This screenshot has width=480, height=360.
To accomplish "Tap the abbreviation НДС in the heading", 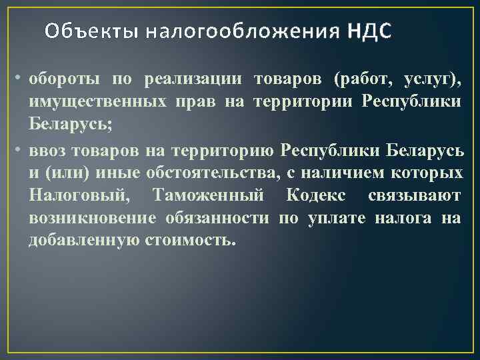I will [x=369, y=31].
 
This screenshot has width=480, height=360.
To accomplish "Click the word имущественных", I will [x=98, y=103].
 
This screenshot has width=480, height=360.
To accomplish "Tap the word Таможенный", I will [x=208, y=195].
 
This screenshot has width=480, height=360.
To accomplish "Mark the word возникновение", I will [x=93, y=218].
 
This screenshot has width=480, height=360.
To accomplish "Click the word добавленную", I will [x=83, y=240].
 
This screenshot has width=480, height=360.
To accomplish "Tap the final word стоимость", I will [x=189, y=240].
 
